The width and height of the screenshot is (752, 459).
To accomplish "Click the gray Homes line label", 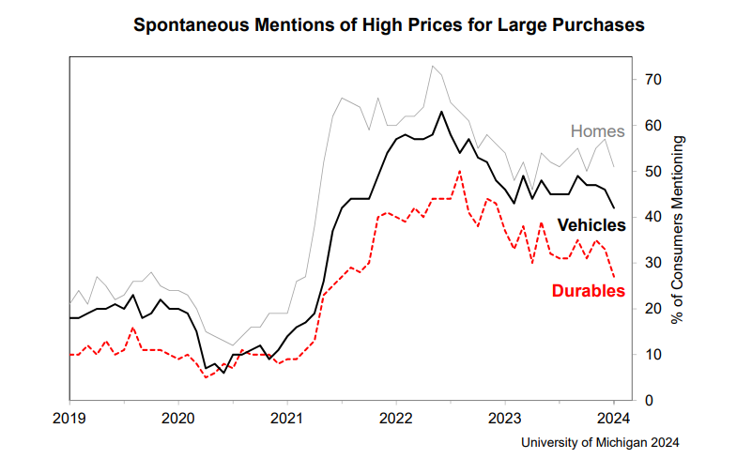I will pos(598,132).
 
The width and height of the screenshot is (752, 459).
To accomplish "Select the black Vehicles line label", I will pos(591,225).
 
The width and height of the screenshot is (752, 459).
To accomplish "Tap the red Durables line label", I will pos(590,291).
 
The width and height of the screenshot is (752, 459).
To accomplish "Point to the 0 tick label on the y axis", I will pos(650,400).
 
